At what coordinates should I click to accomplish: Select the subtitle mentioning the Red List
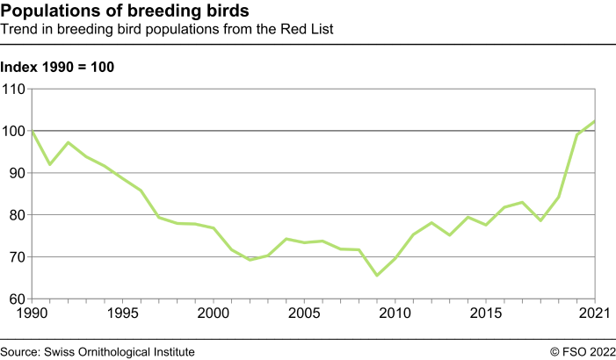click(168, 30)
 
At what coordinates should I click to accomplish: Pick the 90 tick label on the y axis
click(17, 173)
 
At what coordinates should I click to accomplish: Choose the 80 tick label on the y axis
click(17, 215)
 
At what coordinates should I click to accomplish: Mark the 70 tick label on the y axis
click(17, 257)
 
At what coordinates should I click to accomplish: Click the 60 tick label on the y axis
click(17, 299)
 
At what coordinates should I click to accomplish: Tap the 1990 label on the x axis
click(32, 313)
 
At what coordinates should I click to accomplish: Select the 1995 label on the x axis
click(123, 313)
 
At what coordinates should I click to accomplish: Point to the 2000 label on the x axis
click(214, 313)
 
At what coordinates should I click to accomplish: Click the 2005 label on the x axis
click(304, 313)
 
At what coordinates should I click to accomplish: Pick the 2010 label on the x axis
click(395, 313)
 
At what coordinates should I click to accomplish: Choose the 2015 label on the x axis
click(486, 313)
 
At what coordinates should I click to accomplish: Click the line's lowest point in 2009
click(377, 276)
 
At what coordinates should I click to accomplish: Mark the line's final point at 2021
click(595, 121)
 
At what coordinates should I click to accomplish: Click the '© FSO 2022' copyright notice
click(583, 351)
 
